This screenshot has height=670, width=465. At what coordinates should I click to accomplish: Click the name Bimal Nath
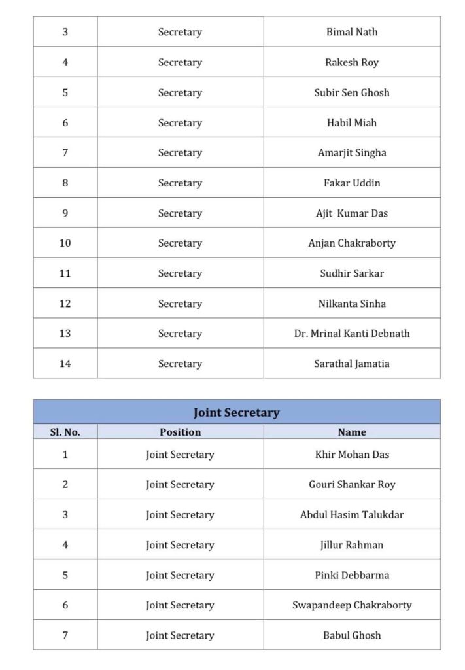click(x=352, y=32)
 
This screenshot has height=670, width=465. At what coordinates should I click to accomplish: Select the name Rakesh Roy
click(x=352, y=63)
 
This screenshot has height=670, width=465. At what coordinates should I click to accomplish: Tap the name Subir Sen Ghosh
click(x=352, y=93)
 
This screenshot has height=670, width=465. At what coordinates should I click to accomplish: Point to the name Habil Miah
click(x=352, y=123)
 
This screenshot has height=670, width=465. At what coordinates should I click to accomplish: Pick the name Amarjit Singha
click(x=352, y=153)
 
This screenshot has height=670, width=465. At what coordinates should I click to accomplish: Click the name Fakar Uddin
click(x=352, y=183)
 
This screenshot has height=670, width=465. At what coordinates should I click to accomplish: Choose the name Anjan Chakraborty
click(x=352, y=243)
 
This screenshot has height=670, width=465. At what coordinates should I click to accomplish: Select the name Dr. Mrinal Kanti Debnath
click(x=352, y=334)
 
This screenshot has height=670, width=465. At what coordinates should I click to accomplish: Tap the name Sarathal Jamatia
click(x=352, y=364)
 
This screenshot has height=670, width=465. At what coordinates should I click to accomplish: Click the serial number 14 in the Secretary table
click(x=65, y=364)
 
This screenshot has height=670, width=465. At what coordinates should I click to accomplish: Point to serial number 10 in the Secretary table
click(x=65, y=243)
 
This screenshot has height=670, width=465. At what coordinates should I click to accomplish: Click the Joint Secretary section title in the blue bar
click(x=236, y=413)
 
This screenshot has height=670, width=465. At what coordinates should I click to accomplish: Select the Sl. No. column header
click(x=65, y=432)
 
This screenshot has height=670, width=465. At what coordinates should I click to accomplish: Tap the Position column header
click(x=180, y=432)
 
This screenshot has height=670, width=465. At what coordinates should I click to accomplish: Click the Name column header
click(x=352, y=432)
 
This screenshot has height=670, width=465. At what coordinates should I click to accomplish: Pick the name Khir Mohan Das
click(x=352, y=455)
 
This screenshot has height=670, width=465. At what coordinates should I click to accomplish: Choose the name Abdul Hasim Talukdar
click(x=352, y=515)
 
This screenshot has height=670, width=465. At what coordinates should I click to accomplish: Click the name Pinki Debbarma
click(x=352, y=576)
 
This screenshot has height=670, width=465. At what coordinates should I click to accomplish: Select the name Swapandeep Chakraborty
click(x=352, y=606)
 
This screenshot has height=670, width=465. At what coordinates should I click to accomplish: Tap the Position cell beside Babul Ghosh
click(x=180, y=635)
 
